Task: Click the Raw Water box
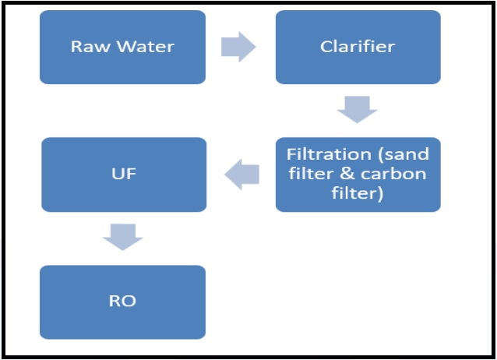point(122,47)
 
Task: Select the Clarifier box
point(358,47)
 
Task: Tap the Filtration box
point(358,175)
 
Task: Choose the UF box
point(124,175)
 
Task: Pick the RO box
point(122,302)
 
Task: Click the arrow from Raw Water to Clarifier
point(238,48)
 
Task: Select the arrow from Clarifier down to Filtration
point(357,109)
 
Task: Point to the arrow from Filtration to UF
point(241,175)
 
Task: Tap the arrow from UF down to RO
point(123,237)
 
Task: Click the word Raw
point(88,47)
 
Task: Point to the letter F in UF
point(131,174)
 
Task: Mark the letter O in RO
point(129,302)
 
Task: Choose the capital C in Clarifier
point(326,47)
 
